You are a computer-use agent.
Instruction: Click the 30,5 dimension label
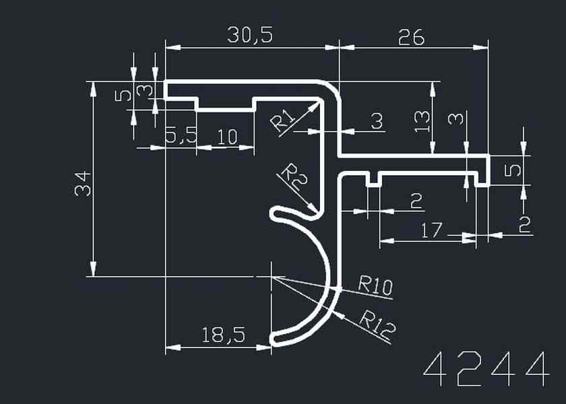(250, 35)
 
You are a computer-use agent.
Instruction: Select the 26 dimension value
(411, 37)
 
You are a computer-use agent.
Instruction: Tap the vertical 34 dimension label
(83, 183)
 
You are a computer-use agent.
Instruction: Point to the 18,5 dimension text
(222, 335)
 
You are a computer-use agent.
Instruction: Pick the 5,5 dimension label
(181, 137)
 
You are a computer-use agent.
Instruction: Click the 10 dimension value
(228, 137)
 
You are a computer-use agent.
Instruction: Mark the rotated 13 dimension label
(422, 121)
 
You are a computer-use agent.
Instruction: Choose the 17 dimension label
(432, 231)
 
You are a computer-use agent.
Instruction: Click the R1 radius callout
(283, 121)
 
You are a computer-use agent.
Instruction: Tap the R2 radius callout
(292, 174)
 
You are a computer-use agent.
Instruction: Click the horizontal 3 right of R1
(377, 121)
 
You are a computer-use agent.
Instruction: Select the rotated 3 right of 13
(456, 119)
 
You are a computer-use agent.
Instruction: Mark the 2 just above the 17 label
(416, 201)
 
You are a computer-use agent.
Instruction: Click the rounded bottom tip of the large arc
(275, 339)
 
